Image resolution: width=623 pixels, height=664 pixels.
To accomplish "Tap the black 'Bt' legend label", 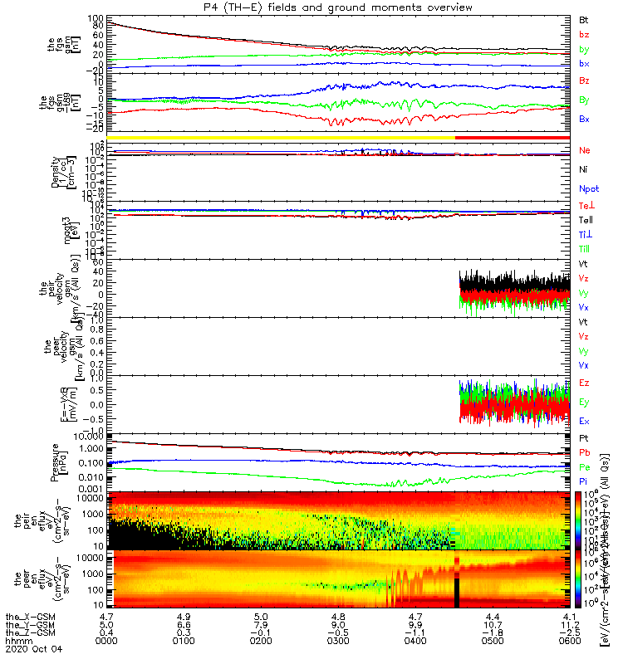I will click(584, 18).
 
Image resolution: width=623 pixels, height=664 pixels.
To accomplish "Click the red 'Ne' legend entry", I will click(585, 150).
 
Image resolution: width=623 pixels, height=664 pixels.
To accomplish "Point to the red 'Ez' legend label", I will click(584, 383).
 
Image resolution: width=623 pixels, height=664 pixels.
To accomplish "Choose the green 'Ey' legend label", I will click(584, 402).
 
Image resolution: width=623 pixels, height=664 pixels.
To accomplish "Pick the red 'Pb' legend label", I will click(584, 453).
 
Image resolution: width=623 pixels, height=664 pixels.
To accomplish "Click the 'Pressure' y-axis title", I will click(56, 461).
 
